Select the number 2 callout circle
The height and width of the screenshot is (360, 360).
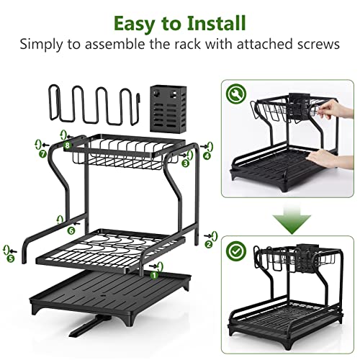click(x=209, y=244)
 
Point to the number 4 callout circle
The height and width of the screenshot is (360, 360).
click(x=207, y=154)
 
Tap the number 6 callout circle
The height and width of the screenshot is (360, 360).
click(x=71, y=230)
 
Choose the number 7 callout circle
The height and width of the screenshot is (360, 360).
click(x=42, y=153)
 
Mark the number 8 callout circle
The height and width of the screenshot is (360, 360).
click(x=67, y=145)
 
